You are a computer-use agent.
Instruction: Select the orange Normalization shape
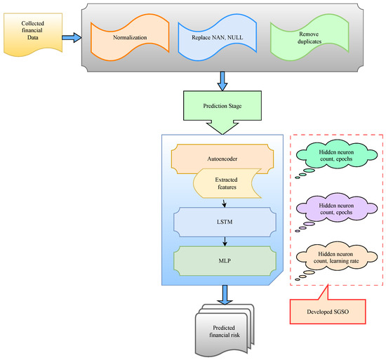coord(124,39)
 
